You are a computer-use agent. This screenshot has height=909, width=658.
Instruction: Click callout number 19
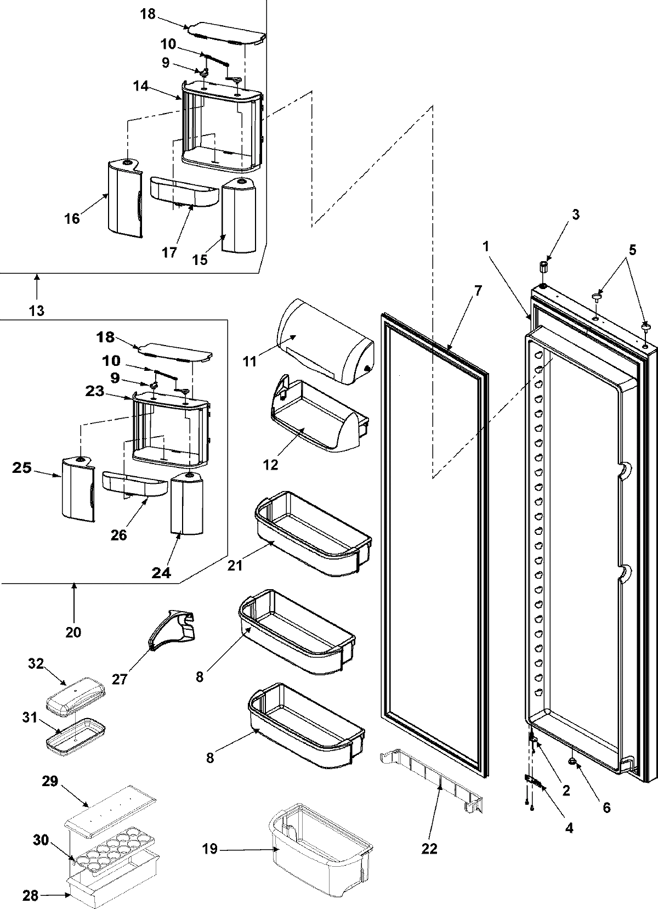(x=209, y=850)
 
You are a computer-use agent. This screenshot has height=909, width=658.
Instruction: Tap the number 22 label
(x=429, y=849)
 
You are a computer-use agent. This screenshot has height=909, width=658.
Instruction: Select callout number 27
(x=120, y=679)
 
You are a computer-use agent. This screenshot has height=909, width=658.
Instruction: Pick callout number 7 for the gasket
(x=478, y=291)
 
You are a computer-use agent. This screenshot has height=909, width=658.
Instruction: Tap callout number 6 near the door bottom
(x=605, y=808)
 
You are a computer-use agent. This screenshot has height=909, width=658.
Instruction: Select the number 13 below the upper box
(x=37, y=310)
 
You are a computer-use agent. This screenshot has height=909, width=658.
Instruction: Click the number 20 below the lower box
(x=73, y=632)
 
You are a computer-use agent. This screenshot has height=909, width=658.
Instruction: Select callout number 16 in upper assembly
(x=72, y=218)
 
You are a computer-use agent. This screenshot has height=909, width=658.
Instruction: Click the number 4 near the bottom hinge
(x=569, y=828)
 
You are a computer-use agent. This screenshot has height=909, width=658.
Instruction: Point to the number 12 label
(x=270, y=465)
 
